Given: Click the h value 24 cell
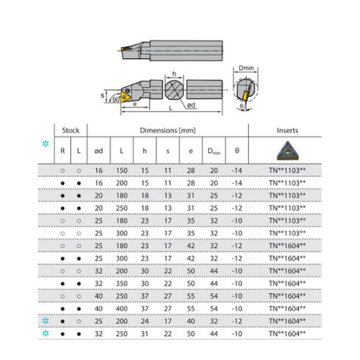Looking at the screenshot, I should [145, 320].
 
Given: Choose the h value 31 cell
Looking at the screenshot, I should [145, 333].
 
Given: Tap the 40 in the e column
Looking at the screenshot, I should [191, 320].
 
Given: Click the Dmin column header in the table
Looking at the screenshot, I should [215, 151].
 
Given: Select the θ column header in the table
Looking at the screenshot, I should [237, 151].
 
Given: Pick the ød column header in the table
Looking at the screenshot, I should [97, 151].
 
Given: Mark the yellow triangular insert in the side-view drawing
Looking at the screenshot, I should [127, 96].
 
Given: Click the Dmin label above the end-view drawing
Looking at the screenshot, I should [246, 68].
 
